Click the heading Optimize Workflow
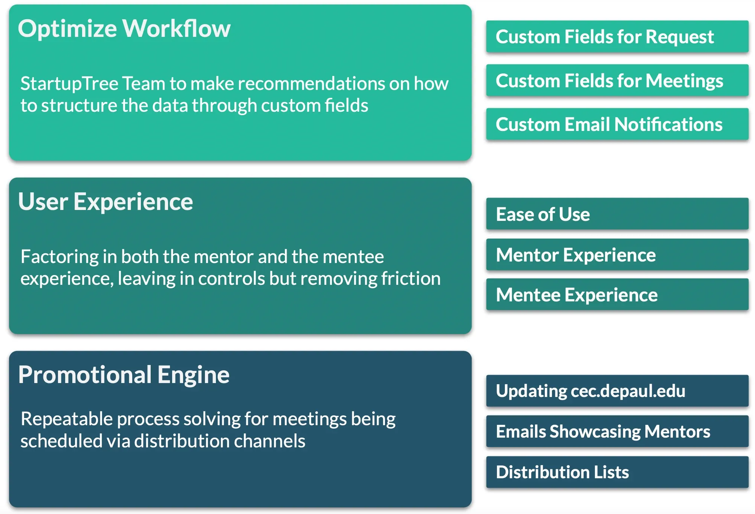[124, 29]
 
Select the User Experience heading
[105, 202]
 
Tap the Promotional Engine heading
[124, 375]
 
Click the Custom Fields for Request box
[617, 36]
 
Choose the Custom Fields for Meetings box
[617, 80]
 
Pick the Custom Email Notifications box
[617, 124]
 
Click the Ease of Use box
[617, 214]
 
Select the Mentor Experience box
[617, 254]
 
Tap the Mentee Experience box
[617, 294]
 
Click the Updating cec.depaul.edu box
[617, 391]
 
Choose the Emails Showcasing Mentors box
[617, 431]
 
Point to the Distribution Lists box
[617, 472]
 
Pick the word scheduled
[61, 441]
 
